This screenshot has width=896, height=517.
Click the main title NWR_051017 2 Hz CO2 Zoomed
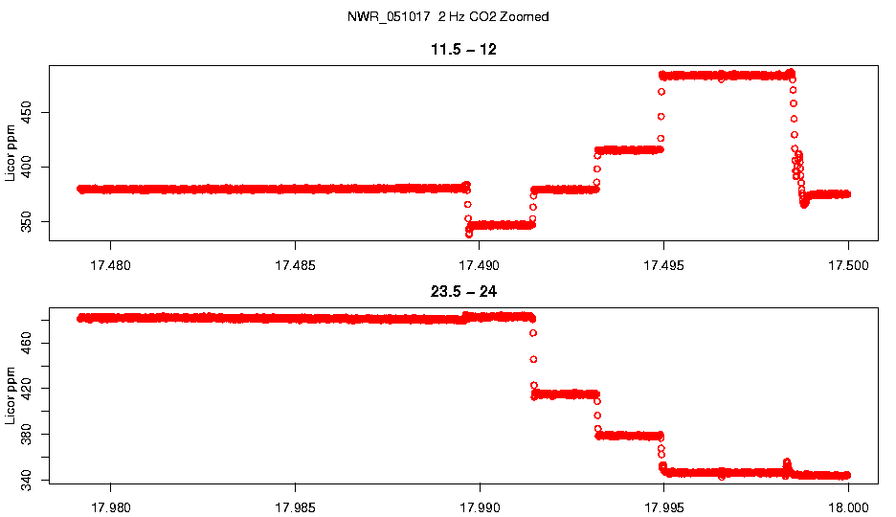click(448, 17)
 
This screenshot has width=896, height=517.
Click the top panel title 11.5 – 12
click(463, 49)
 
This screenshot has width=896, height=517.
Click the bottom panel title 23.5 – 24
click(463, 291)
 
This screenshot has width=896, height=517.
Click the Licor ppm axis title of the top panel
click(11, 152)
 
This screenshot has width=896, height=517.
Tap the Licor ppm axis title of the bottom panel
click(11, 394)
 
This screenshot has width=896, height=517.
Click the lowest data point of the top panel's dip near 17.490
click(469, 234)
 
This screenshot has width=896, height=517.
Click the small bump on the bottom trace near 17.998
click(787, 462)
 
